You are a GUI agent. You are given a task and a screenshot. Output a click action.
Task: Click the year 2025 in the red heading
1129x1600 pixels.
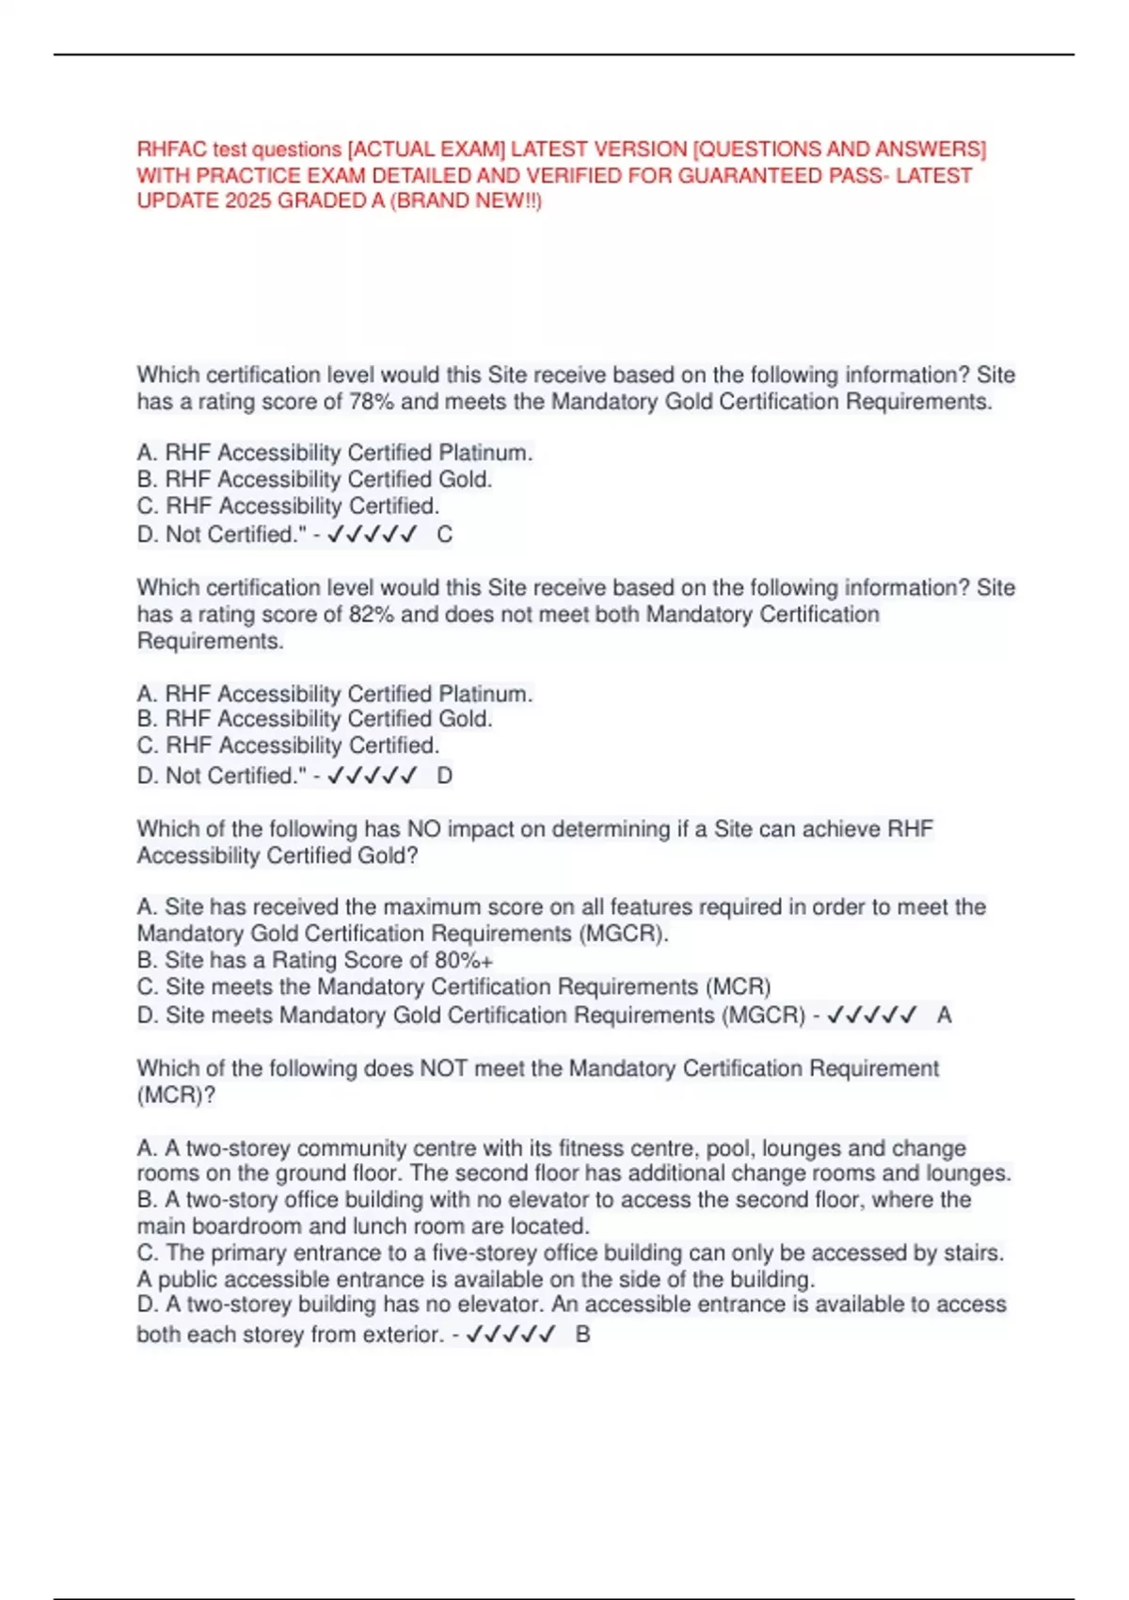tap(248, 201)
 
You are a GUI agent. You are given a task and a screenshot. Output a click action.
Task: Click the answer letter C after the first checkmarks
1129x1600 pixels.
tap(445, 535)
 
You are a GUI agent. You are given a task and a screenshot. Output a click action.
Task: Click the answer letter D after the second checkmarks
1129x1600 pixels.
tap(445, 776)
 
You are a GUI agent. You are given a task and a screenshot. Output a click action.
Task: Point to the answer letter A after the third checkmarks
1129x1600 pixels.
tap(945, 1016)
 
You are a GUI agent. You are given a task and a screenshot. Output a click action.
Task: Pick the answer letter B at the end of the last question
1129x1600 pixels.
tap(583, 1335)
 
